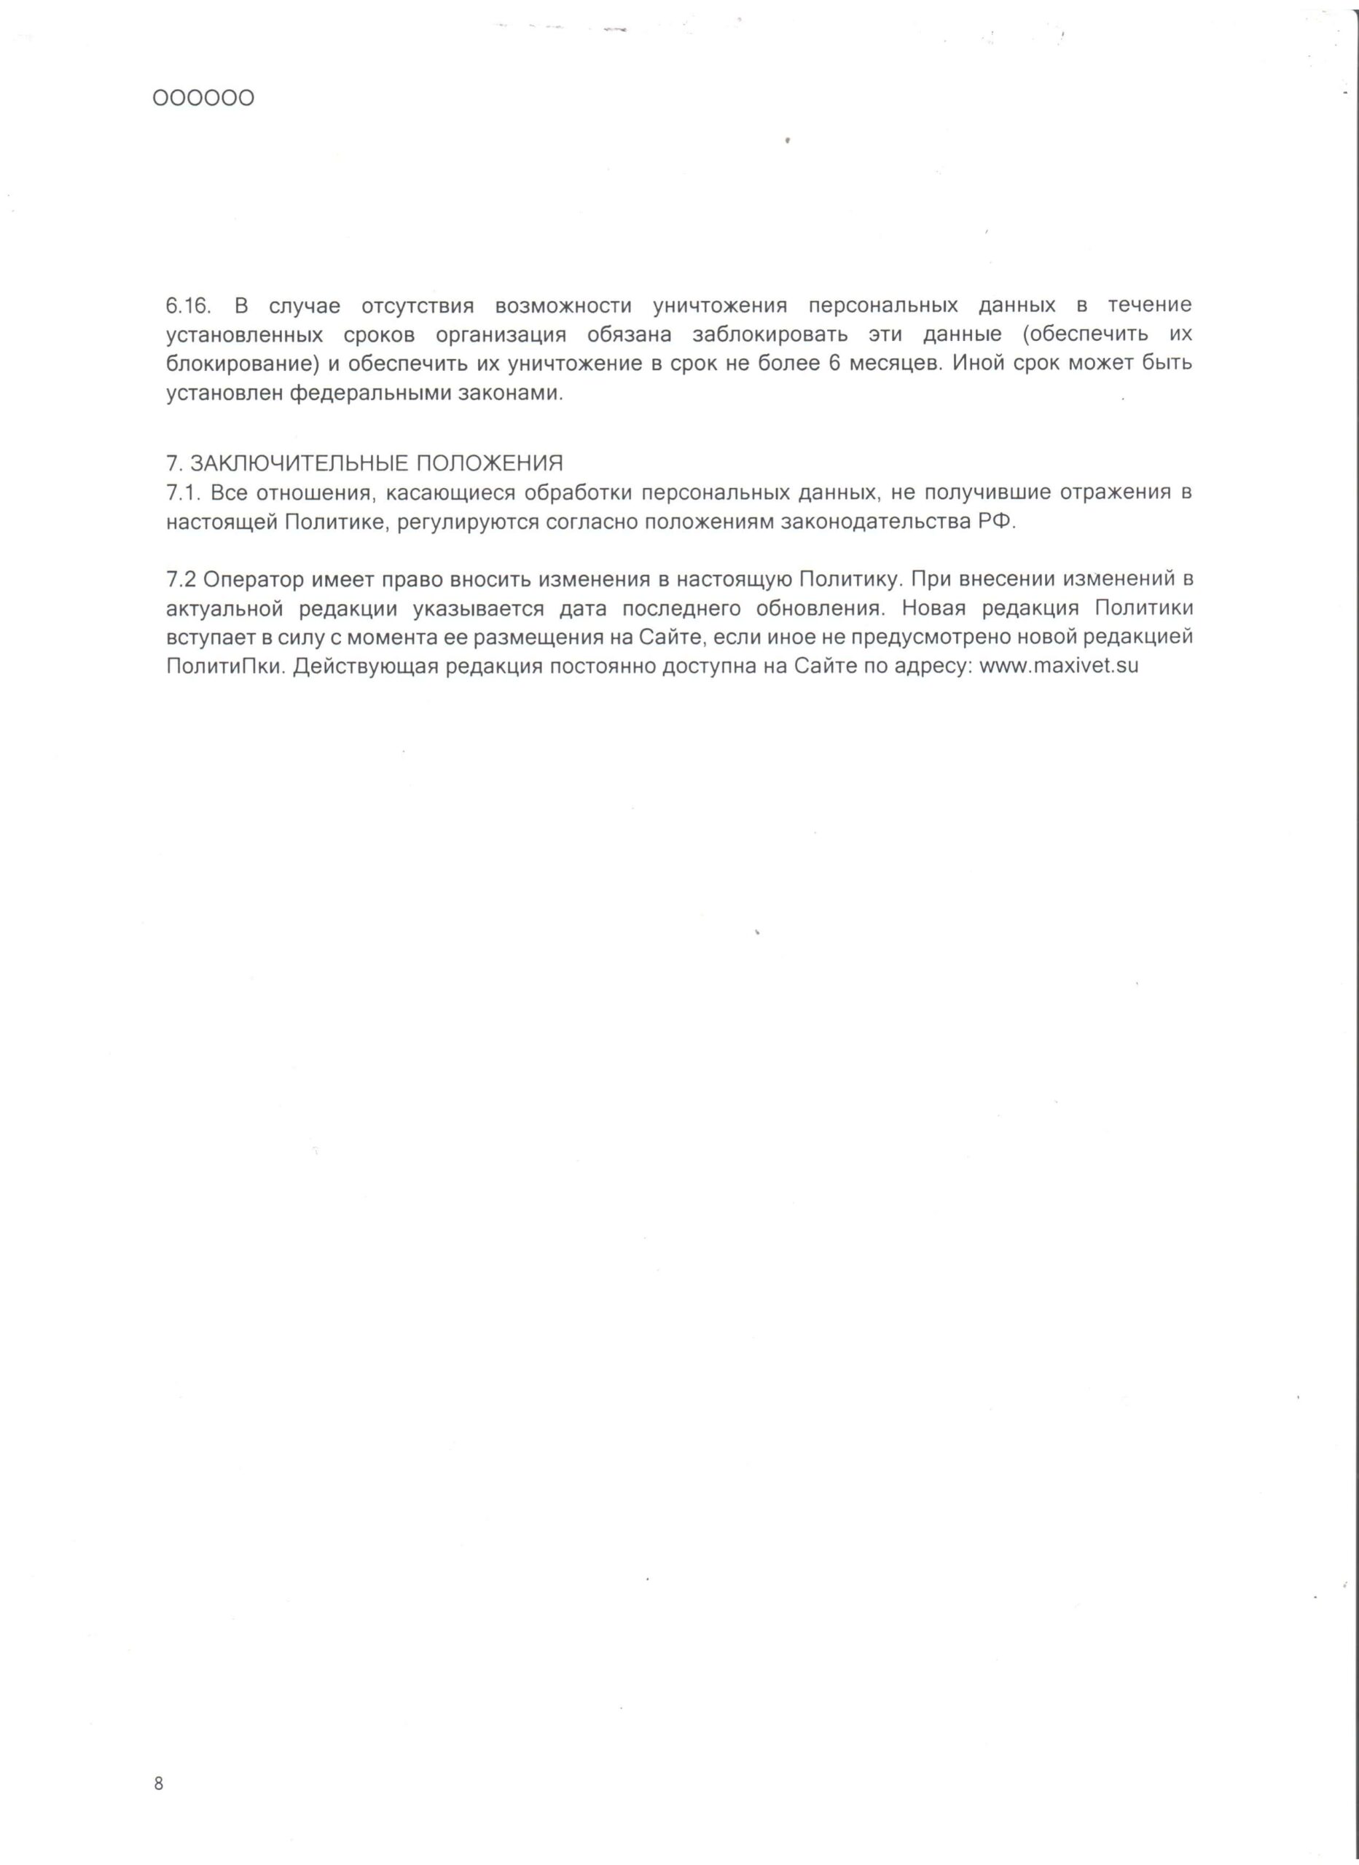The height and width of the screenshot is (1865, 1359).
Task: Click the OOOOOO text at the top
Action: point(203,98)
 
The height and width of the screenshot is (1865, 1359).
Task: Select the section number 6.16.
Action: point(189,306)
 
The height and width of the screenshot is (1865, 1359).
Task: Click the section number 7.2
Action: point(181,579)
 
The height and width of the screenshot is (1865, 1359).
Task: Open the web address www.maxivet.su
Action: point(1059,666)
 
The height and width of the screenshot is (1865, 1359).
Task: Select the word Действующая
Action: point(364,667)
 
